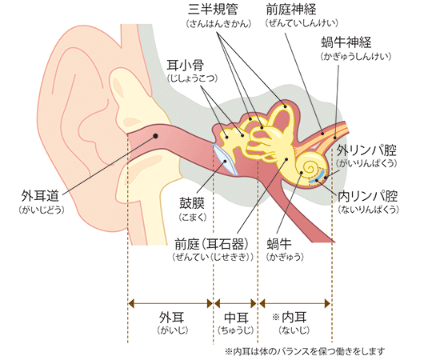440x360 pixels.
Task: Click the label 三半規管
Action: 214,10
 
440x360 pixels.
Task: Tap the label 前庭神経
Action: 291,10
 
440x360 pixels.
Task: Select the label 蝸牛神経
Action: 346,42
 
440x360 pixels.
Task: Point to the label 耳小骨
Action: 186,65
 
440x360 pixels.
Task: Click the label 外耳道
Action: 40,195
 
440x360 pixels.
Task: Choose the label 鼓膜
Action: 192,203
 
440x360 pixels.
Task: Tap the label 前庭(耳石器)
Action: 212,243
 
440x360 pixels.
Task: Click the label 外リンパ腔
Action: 366,150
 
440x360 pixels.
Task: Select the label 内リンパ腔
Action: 368,196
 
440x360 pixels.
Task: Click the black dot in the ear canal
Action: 155,136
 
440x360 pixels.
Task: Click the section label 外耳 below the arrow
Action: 171,318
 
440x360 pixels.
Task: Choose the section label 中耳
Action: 236,318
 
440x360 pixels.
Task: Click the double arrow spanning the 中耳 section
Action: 236,303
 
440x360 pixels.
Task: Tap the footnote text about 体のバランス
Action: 305,351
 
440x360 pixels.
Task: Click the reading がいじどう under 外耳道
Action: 42,210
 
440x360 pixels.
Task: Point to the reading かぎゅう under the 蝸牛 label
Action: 285,257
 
